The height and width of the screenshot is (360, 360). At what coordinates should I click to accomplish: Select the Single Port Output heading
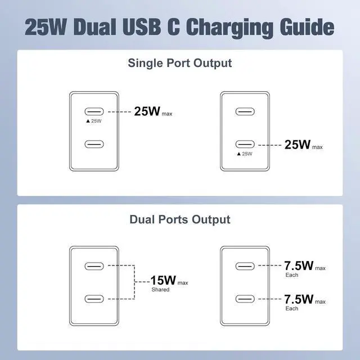pyautogui.click(x=179, y=63)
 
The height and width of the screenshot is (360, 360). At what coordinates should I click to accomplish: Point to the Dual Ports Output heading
pyautogui.click(x=179, y=219)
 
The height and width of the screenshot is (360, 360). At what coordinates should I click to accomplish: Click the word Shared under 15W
pyautogui.click(x=160, y=290)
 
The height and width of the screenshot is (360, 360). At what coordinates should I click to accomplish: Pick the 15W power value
pyautogui.click(x=163, y=280)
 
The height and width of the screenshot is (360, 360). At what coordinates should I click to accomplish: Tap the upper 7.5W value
pyautogui.click(x=299, y=265)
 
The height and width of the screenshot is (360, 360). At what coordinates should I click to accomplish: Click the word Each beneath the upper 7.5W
pyautogui.click(x=292, y=274)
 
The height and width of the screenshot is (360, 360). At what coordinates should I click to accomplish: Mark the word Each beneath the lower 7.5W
pyautogui.click(x=292, y=309)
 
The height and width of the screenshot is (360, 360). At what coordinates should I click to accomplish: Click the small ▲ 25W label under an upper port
pyautogui.click(x=93, y=121)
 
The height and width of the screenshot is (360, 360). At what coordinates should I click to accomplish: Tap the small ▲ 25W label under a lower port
pyautogui.click(x=245, y=154)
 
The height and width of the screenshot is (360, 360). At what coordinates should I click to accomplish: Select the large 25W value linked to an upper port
pyautogui.click(x=147, y=111)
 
